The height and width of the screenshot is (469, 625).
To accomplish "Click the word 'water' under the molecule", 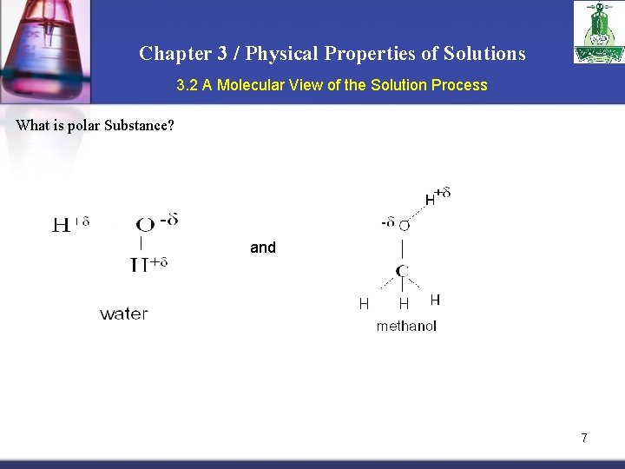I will (124, 314).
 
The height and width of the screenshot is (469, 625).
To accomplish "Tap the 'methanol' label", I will (406, 327).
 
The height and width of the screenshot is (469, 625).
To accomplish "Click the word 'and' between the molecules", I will (263, 248).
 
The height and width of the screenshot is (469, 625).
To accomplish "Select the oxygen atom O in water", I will (146, 225).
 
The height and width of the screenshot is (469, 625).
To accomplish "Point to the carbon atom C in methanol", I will (403, 272).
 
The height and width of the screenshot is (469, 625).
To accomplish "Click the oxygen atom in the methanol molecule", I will (405, 226).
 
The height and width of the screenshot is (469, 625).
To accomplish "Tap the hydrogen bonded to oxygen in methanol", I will (430, 200).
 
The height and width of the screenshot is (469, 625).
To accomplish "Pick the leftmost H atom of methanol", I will (365, 303).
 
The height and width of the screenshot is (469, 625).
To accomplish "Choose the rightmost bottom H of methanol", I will (435, 300).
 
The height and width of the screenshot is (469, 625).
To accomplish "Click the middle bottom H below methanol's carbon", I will (404, 304).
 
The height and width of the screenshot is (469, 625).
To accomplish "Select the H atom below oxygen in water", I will (139, 265).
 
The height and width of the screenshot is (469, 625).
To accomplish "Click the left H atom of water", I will (62, 226).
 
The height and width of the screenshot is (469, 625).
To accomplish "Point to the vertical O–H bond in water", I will (141, 244).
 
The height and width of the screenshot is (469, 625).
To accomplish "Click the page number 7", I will (584, 438).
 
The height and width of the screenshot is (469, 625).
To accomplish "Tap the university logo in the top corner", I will (598, 32).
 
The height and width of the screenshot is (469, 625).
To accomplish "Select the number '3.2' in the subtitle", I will (187, 85).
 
